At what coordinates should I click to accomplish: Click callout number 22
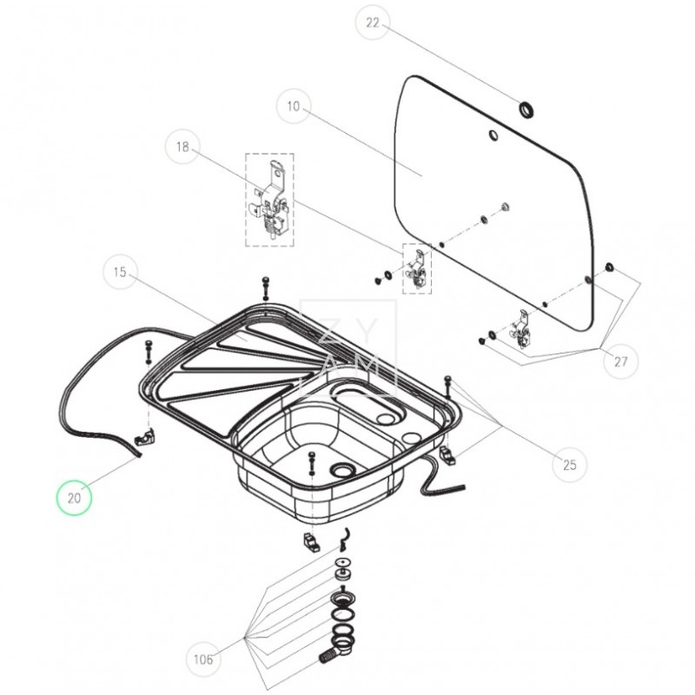click(x=373, y=23)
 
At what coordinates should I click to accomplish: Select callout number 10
click(x=294, y=106)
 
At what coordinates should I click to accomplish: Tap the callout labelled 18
click(x=182, y=147)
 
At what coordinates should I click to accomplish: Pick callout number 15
click(x=120, y=272)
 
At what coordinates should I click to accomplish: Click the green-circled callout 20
click(x=74, y=498)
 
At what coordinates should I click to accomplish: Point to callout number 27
click(x=621, y=361)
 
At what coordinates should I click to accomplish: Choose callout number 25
click(x=570, y=465)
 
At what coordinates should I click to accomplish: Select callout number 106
click(x=203, y=659)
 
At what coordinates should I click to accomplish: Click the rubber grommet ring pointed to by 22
click(x=526, y=110)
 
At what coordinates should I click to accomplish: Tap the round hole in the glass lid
click(x=493, y=135)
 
